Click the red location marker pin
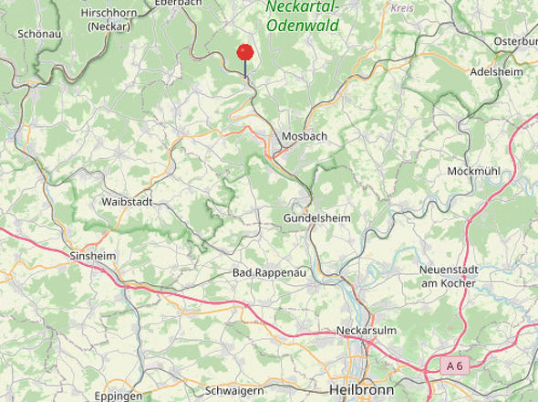point(244,53)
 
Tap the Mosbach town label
point(305,136)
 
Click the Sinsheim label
point(93,256)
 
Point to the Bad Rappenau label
point(264,273)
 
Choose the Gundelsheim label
point(316,218)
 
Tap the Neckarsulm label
point(364,329)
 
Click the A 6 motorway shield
point(454,365)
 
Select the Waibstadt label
point(127,200)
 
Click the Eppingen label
point(118,396)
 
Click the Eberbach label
point(178,4)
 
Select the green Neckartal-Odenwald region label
point(303,16)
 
